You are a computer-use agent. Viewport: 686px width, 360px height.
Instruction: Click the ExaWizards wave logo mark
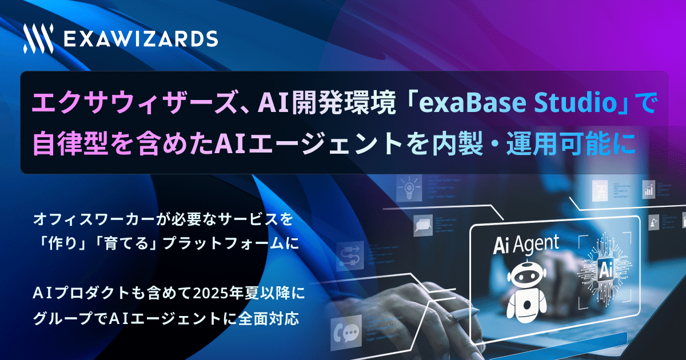(x=38, y=39)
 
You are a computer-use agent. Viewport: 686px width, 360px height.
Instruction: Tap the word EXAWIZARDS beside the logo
(x=140, y=39)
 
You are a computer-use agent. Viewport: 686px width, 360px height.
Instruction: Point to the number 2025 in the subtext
(x=213, y=294)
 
